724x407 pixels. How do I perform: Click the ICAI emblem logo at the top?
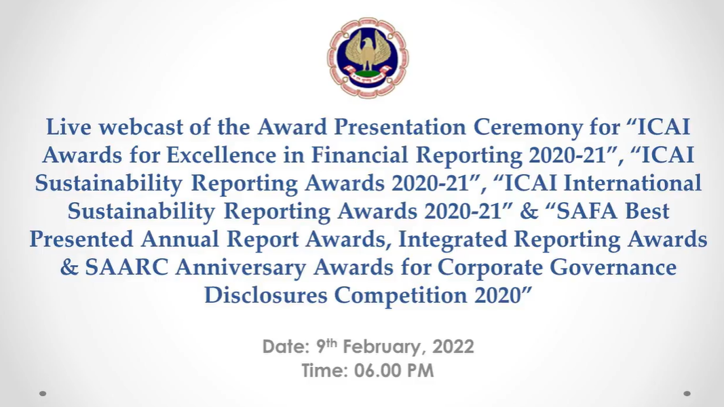[368, 58]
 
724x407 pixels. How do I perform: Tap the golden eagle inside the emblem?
[368, 51]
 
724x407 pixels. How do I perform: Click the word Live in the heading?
[69, 127]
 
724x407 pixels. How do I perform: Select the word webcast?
[141, 127]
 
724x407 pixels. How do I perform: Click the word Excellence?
[221, 155]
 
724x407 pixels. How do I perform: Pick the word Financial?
[360, 155]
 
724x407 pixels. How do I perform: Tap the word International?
[632, 183]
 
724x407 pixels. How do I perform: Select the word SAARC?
[126, 268]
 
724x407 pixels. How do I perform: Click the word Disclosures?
[265, 296]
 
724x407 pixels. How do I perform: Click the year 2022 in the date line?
[453, 347]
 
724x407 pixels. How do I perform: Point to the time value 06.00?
[375, 371]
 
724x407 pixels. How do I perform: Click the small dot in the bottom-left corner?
[43, 393]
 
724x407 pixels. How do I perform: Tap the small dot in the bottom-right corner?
[687, 393]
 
